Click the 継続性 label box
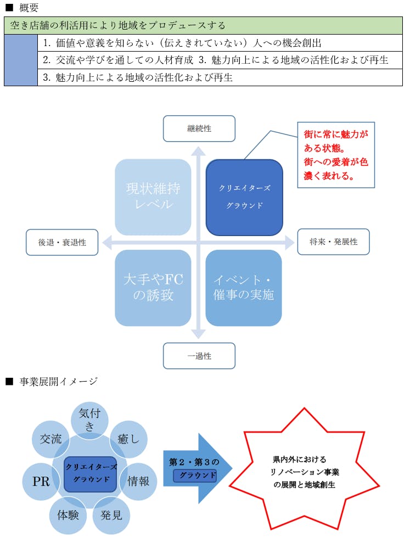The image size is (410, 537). (199, 128)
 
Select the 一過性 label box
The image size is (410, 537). (199, 356)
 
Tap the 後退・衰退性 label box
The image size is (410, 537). (62, 242)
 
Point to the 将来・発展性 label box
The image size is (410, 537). (333, 242)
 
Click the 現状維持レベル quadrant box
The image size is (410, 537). (153, 197)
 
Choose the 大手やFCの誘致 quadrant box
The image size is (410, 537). (153, 287)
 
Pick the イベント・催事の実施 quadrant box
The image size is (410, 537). (244, 287)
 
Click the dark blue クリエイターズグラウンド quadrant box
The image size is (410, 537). (244, 197)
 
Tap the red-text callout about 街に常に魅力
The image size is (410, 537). (336, 155)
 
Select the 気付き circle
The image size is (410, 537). (89, 419)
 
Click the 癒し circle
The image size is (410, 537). (128, 439)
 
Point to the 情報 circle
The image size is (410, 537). (138, 481)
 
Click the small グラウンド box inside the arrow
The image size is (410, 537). (195, 476)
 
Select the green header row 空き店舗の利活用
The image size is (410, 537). (203, 26)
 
